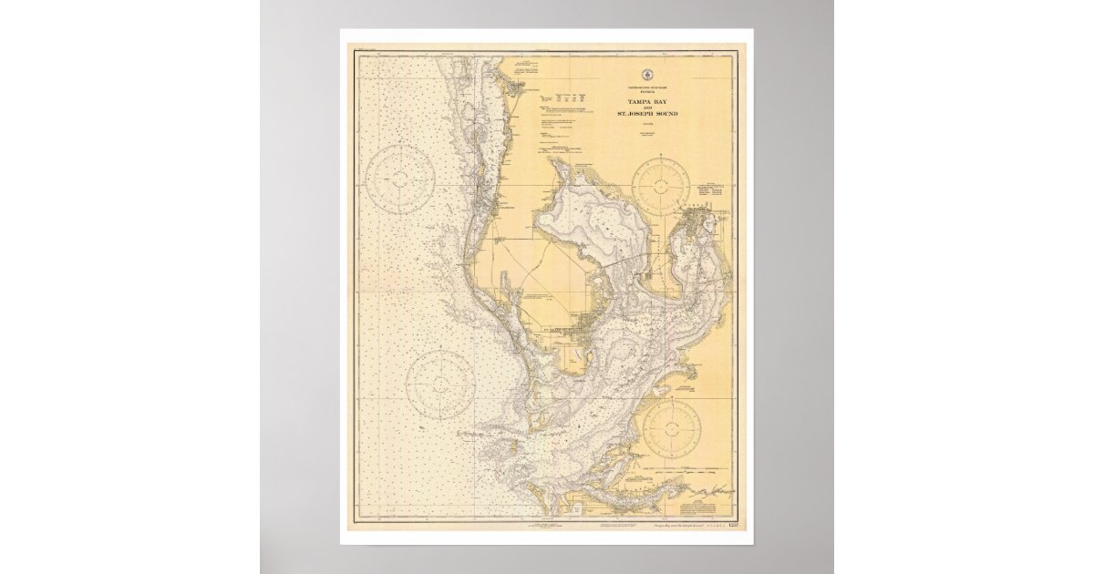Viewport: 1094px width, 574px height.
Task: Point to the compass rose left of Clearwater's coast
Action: (399, 180)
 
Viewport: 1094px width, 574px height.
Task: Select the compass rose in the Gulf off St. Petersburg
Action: (439, 384)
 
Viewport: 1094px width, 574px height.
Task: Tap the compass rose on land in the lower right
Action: (671, 428)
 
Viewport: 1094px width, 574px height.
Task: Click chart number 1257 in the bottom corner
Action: (723, 526)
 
